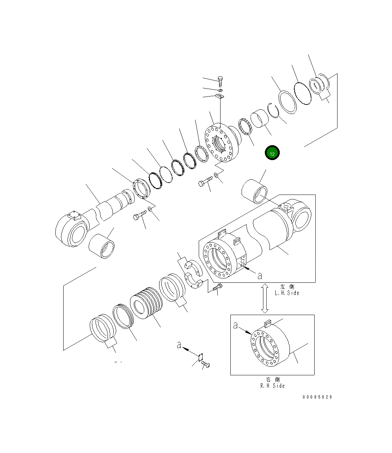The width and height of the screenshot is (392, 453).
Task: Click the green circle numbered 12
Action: click(272, 152)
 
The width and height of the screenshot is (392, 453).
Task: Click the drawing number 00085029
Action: click(317, 397)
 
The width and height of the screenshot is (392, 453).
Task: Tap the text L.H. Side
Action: click(287, 293)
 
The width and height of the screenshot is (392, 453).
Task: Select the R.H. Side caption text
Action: click(272, 386)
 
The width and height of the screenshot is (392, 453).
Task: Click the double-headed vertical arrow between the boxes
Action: click(265, 298)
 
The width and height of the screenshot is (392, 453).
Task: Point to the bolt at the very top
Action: click(221, 81)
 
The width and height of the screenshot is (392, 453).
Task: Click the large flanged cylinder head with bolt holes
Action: click(222, 143)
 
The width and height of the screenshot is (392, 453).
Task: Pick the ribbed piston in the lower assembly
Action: click(146, 303)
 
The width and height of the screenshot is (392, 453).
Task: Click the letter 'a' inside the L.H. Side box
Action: click(260, 276)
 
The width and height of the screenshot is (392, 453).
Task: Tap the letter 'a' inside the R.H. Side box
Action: click(235, 326)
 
